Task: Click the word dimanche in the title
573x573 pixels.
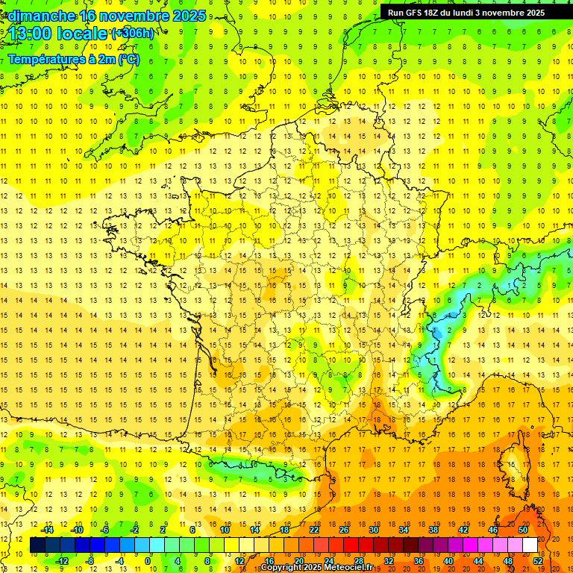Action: click(x=41, y=16)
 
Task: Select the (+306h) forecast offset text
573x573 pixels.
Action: click(x=133, y=34)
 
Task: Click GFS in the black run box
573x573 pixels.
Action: click(x=413, y=13)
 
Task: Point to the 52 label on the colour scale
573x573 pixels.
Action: click(x=538, y=561)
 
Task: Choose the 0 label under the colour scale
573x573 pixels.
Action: click(x=148, y=561)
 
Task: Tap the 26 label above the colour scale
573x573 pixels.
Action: click(x=344, y=530)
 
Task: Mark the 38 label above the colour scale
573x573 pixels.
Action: click(x=433, y=530)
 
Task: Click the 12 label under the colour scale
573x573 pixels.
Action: click(x=239, y=561)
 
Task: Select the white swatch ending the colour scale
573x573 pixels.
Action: click(x=530, y=545)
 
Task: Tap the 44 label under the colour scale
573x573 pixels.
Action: click(x=478, y=561)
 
